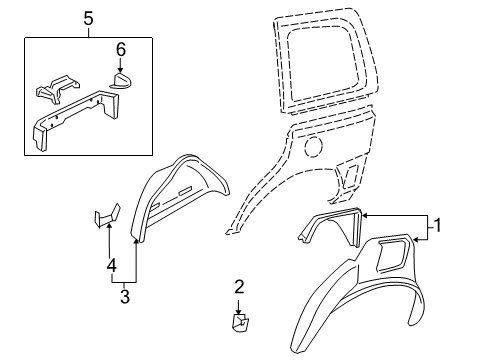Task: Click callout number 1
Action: coord(438,225)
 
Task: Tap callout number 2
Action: coord(239,287)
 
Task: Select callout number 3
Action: coord(125,296)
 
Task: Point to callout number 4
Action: coord(112,266)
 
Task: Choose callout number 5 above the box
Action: coord(88,19)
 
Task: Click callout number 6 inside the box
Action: coord(121,50)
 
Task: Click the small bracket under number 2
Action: coord(240,323)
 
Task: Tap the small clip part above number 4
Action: coord(107,216)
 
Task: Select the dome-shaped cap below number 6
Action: coord(120,81)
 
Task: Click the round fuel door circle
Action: coord(313,145)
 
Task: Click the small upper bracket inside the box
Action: coord(57,88)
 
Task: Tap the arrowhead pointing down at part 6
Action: coord(120,69)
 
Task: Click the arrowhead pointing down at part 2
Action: coord(239,311)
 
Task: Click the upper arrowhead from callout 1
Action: coord(364,216)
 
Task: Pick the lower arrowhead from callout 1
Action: coord(416,239)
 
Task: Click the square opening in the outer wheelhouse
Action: coord(391,255)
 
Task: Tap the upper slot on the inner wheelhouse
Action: coord(185,191)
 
